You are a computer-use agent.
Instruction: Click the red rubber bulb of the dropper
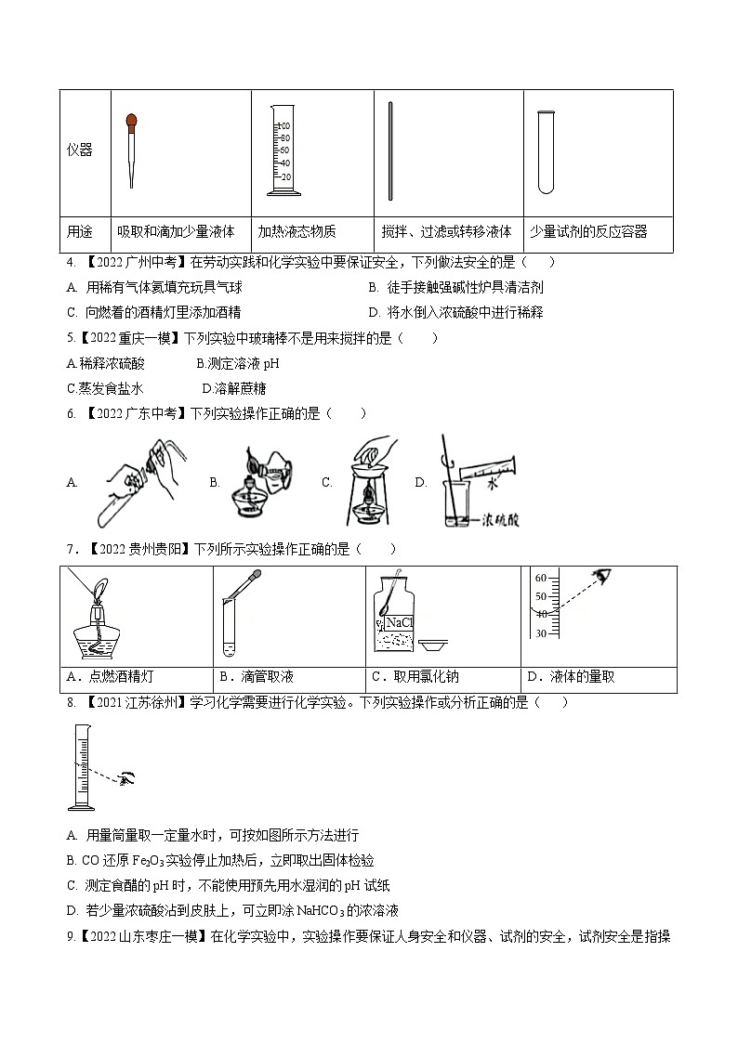(x=133, y=120)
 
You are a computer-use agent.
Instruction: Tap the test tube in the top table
(x=545, y=150)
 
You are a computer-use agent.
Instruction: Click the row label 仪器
(x=80, y=150)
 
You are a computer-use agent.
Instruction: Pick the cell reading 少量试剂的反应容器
(x=587, y=231)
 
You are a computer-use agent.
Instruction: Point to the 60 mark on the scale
(x=540, y=578)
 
